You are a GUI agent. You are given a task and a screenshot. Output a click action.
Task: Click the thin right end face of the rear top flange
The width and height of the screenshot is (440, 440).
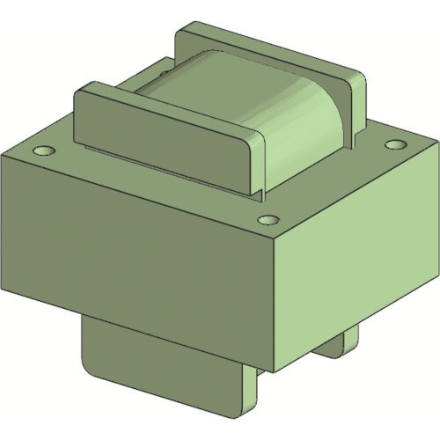coord(358,101)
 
